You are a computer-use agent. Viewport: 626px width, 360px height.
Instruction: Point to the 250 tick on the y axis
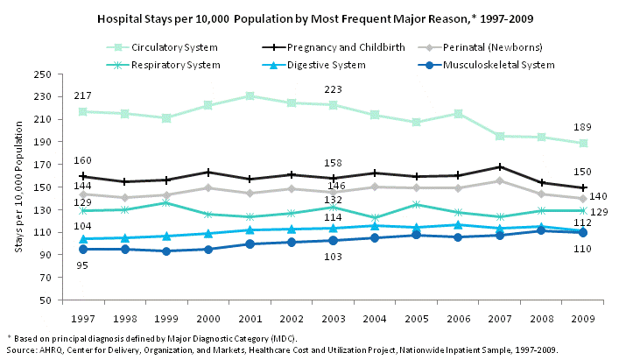pyautogui.click(x=42, y=74)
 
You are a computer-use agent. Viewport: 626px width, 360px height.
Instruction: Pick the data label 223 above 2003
pyautogui.click(x=333, y=89)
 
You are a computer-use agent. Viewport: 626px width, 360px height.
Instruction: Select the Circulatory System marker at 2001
pyautogui.click(x=250, y=96)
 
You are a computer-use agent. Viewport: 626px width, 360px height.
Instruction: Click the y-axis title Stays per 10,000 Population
pyautogui.click(x=18, y=187)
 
